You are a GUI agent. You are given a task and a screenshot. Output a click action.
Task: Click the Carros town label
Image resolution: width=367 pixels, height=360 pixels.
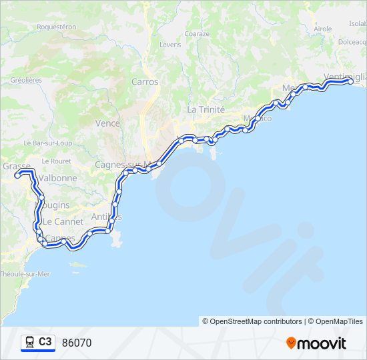(145, 82)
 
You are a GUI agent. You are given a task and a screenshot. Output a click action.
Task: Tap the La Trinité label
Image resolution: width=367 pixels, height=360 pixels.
(206, 109)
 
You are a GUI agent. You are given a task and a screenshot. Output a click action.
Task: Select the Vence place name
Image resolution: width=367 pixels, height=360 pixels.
(107, 123)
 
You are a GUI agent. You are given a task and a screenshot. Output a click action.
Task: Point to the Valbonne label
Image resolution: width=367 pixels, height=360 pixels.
(57, 179)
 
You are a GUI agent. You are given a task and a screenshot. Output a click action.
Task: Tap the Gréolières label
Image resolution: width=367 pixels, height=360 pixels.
(26, 80)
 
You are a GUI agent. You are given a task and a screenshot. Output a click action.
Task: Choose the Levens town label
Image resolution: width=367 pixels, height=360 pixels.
(170, 45)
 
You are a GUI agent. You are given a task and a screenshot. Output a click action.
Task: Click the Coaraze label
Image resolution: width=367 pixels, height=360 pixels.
(197, 33)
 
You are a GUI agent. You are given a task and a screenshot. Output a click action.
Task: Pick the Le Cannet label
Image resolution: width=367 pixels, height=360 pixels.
(63, 221)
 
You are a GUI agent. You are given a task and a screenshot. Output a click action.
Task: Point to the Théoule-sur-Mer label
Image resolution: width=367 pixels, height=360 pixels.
(25, 274)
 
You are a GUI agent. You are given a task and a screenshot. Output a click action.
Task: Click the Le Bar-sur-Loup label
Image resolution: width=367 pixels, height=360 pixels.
(47, 143)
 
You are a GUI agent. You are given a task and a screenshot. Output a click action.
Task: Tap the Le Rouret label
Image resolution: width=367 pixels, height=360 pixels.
(56, 161)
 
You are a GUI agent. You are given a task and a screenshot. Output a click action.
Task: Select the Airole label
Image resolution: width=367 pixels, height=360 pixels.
(322, 29)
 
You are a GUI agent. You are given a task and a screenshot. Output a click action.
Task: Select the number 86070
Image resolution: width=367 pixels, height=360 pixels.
(76, 343)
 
